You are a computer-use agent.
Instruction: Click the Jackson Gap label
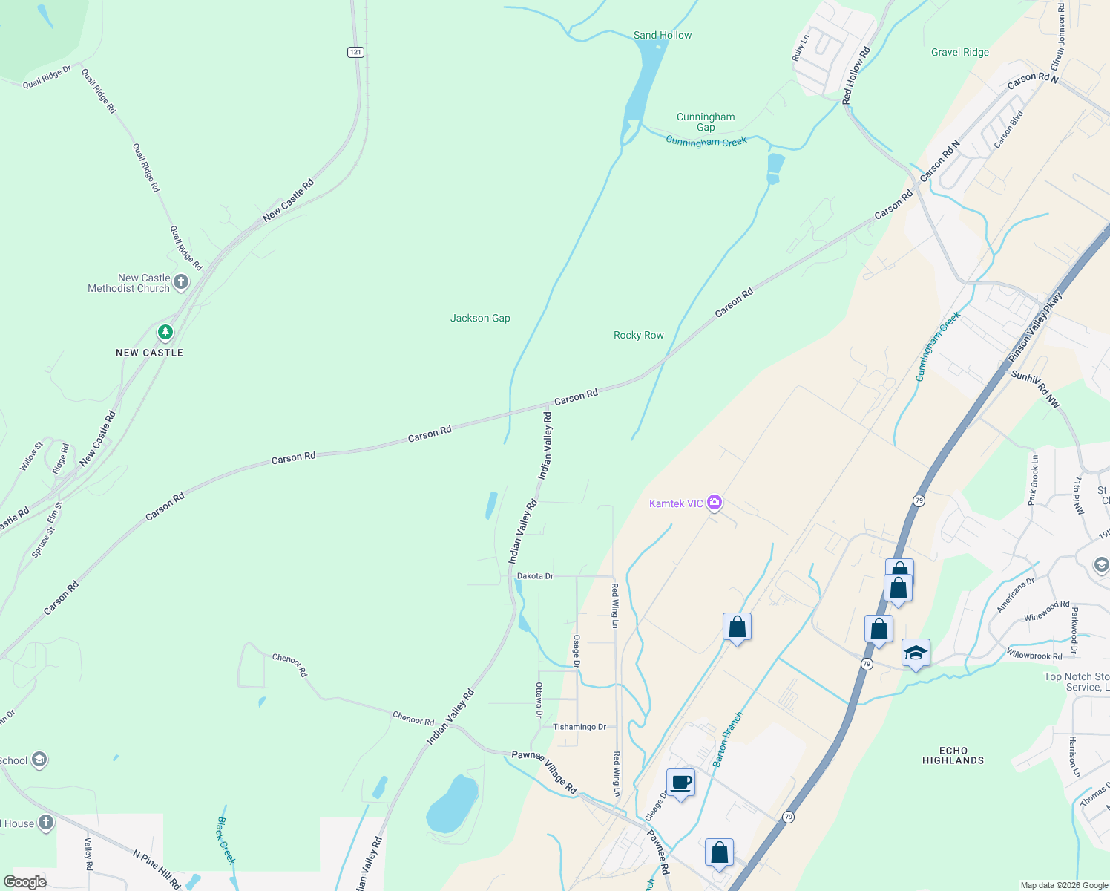coord(480,318)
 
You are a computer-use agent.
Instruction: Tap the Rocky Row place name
coord(638,335)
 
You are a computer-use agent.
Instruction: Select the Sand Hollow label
coord(662,35)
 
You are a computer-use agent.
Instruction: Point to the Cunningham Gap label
coord(706,122)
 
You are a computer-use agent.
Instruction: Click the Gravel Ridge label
coord(959,52)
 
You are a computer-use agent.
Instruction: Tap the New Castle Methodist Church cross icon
coord(180,282)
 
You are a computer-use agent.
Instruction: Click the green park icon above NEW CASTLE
coord(165,332)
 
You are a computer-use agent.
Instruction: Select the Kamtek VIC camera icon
coord(715,503)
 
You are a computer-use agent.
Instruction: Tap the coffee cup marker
coord(680,783)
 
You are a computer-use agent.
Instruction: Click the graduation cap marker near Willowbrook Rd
coord(916,653)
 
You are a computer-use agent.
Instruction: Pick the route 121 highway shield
coord(355,52)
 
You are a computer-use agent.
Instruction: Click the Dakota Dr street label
coord(535,576)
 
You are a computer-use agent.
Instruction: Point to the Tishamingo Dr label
coord(579,727)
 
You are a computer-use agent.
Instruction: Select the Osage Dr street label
coord(577,650)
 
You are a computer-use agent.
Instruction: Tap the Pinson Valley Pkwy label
coord(1035,327)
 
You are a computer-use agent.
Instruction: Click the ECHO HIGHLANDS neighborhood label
coord(953,755)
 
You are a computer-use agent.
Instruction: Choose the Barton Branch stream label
coord(727,740)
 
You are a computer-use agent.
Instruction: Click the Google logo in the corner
coord(24,881)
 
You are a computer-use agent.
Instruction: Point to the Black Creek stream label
coord(226,841)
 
